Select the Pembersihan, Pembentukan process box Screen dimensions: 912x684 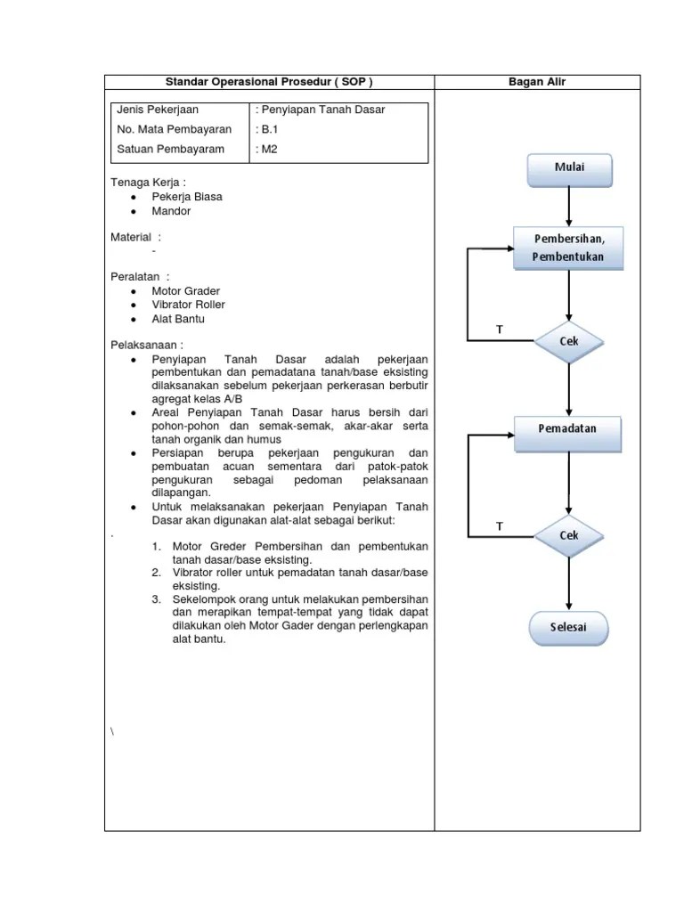(569, 248)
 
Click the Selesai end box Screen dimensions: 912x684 (569, 627)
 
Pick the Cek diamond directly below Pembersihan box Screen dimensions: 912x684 (569, 341)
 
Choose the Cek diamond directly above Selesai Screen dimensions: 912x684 (569, 535)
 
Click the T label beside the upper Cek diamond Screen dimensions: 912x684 (499, 330)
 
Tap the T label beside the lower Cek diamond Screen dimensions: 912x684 (499, 526)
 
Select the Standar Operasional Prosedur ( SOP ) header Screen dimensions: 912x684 (269, 82)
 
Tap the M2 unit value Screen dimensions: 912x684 (266, 149)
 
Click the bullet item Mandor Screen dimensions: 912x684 (171, 211)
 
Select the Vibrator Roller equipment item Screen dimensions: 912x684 (188, 305)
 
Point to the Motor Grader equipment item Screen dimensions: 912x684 (185, 291)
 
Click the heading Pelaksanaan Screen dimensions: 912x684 (147, 345)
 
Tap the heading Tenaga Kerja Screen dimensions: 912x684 (148, 183)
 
